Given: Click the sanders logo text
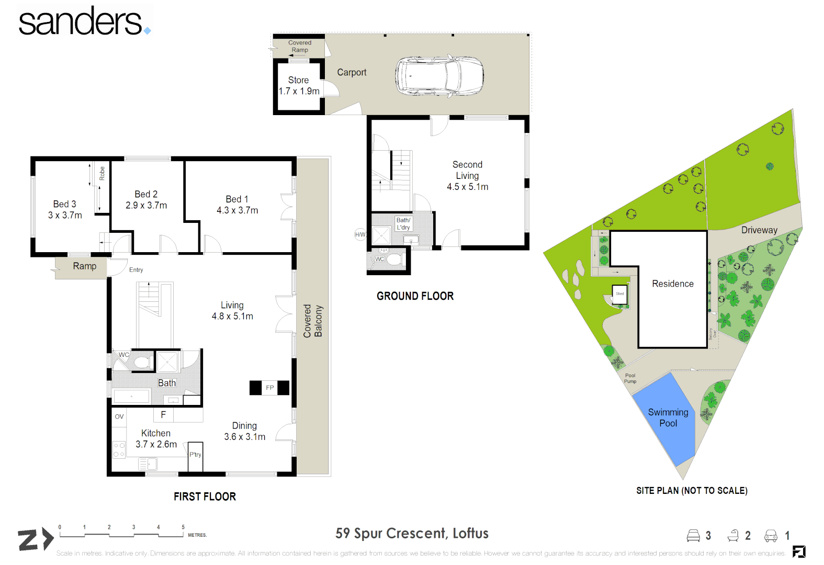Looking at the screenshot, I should tap(81, 22).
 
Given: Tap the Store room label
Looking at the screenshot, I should tap(298, 80).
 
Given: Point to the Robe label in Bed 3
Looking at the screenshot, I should tap(102, 173).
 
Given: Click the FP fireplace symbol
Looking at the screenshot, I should tap(269, 388).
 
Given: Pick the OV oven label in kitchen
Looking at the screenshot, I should tap(119, 416).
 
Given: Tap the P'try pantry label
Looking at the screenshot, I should tap(195, 455).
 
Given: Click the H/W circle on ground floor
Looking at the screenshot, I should tap(360, 234).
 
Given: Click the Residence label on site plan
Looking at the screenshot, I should tap(672, 284).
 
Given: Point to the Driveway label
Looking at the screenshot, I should tap(759, 230).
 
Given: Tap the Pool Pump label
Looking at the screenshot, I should tap(630, 378).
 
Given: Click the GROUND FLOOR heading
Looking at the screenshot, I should tap(415, 296).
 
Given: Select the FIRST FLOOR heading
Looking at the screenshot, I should tap(205, 496).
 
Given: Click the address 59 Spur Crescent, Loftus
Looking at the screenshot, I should tap(412, 533).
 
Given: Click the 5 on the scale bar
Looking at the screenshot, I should tap(183, 527).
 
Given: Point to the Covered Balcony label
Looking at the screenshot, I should tap(313, 321).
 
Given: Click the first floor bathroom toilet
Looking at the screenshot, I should tap(142, 362).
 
